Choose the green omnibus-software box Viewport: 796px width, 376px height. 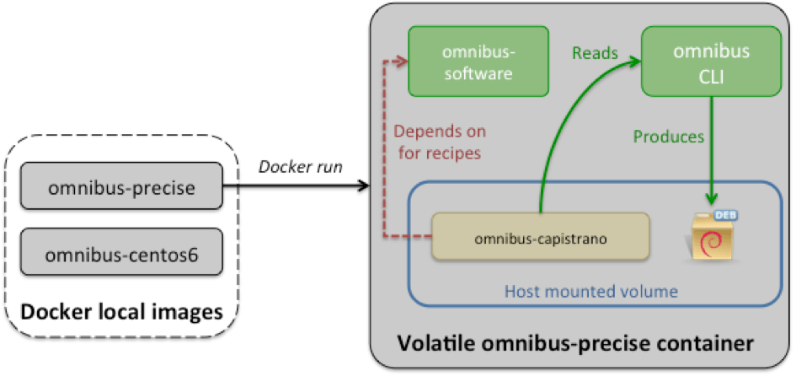tap(478, 62)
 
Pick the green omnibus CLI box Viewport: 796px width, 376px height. tap(711, 62)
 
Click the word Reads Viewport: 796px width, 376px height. tap(595, 53)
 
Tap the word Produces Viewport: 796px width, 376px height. tap(668, 136)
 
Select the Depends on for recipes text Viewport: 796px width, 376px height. tap(439, 143)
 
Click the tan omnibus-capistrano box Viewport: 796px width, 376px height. tap(541, 238)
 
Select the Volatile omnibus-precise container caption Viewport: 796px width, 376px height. tap(575, 344)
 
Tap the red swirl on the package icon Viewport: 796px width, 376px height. tap(711, 245)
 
